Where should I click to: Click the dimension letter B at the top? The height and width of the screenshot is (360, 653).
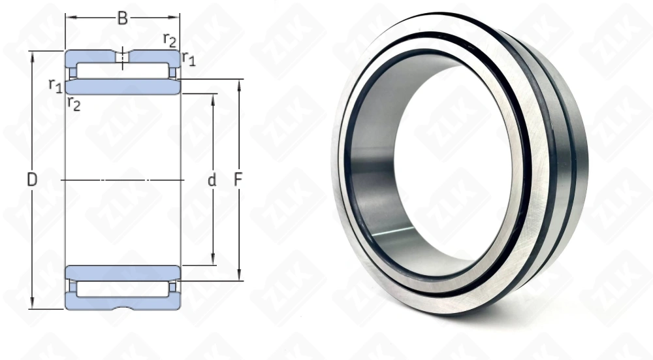[x=123, y=18]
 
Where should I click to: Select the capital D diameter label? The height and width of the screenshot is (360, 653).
[x=32, y=180]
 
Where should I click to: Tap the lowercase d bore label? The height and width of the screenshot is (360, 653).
[x=212, y=180]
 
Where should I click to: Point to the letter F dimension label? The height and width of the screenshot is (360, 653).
[x=238, y=180]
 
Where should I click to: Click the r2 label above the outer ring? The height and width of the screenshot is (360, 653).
[x=170, y=39]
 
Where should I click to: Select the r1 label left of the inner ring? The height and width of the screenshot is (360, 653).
[x=56, y=86]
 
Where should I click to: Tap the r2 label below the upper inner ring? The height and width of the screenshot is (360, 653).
[x=74, y=103]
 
